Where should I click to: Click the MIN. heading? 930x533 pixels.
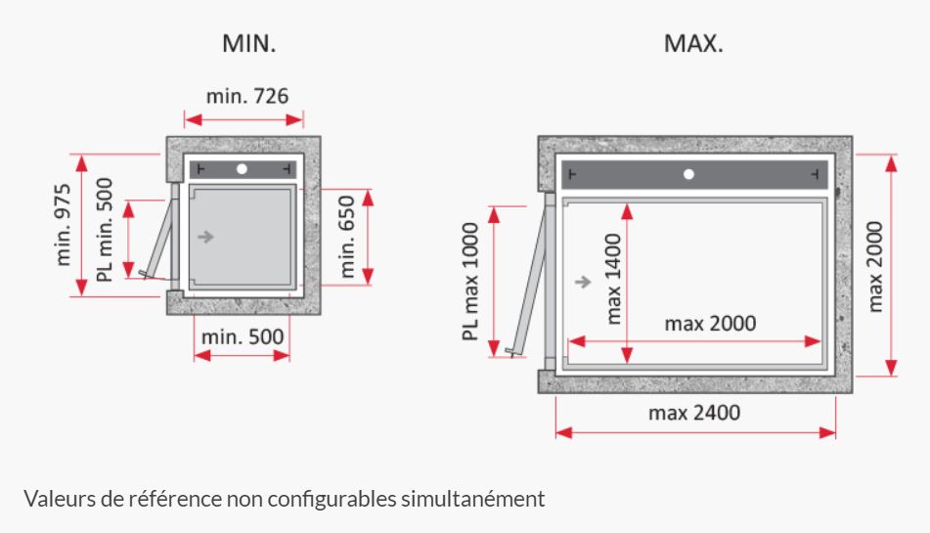tap(248, 44)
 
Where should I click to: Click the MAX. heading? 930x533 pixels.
tap(693, 44)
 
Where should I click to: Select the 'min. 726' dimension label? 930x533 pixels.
tap(247, 96)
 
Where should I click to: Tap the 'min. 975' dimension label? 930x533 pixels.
tap(63, 225)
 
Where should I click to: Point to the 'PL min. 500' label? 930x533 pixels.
tap(105, 230)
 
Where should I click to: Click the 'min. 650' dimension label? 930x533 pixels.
tap(346, 237)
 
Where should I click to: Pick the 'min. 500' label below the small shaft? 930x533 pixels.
tap(243, 336)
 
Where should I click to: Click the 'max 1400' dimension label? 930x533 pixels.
tap(613, 279)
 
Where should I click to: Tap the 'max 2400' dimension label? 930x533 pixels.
tap(694, 413)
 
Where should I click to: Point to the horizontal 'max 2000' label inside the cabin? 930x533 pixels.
tap(711, 324)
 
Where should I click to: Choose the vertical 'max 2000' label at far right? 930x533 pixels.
tap(875, 267)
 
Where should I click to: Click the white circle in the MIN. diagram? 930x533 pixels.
tap(242, 169)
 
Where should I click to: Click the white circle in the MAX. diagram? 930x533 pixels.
tap(688, 174)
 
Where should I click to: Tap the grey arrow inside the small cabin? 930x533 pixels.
tap(205, 237)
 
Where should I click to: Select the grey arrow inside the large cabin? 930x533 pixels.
tap(583, 282)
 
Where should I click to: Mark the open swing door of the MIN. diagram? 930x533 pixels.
tap(158, 239)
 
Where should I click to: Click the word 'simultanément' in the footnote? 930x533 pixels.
tap(472, 499)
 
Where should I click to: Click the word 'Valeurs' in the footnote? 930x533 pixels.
tap(60, 499)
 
